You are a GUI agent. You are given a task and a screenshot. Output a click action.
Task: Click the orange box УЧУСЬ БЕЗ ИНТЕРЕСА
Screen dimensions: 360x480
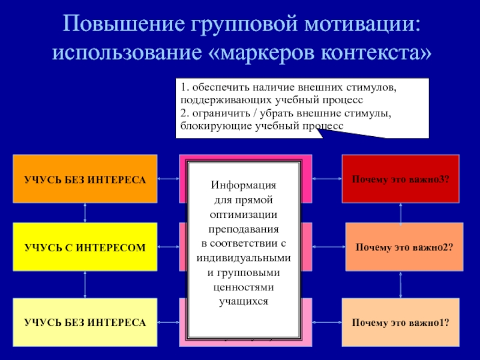click(x=85, y=178)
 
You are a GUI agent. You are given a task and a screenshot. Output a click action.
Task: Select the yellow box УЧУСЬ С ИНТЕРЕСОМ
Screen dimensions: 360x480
click(x=85, y=247)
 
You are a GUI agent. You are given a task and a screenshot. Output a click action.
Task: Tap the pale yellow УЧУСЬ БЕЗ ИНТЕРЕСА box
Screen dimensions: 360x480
click(x=85, y=322)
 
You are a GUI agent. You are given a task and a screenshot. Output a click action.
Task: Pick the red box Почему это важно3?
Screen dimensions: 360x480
click(x=401, y=178)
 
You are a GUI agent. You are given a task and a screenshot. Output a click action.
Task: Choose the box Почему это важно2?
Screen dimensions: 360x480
click(x=404, y=247)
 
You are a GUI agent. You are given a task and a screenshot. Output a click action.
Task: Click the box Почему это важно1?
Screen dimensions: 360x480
click(x=401, y=322)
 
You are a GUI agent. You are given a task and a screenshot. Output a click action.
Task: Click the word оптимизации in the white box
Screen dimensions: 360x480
click(x=244, y=214)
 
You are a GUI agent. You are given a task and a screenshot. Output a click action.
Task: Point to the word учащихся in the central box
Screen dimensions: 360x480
click(x=244, y=301)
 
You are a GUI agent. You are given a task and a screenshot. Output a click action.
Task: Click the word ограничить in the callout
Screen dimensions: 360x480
click(x=212, y=113)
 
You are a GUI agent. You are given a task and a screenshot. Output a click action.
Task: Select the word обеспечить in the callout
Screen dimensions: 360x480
click(x=217, y=88)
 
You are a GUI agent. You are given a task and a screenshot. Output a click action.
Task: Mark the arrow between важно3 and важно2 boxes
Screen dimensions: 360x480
click(x=401, y=212)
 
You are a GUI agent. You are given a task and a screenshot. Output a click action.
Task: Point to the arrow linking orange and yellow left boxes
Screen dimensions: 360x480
click(x=85, y=212)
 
